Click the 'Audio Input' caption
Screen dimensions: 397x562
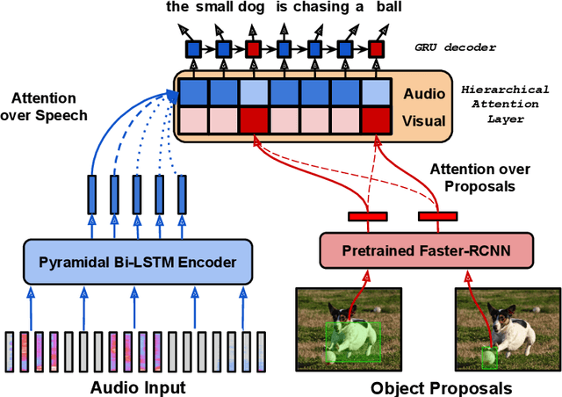point(138,386)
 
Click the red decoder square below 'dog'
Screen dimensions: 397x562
point(254,49)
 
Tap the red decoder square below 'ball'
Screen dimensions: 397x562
point(378,49)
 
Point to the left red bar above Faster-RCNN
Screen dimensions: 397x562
point(368,215)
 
